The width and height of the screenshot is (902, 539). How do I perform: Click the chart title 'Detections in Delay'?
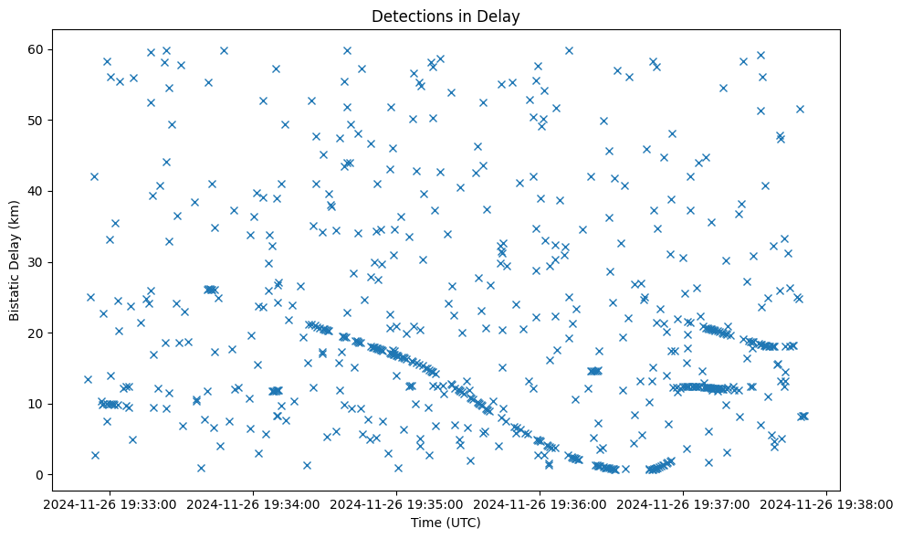[x=446, y=16]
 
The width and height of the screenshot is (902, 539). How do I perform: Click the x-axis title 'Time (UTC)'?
[x=446, y=523]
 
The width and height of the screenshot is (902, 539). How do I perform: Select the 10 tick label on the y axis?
[x=39, y=404]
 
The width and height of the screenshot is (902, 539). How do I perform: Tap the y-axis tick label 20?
[x=39, y=333]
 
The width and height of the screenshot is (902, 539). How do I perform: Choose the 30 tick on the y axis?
[x=39, y=262]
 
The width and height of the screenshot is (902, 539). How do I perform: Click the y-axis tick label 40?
[x=39, y=191]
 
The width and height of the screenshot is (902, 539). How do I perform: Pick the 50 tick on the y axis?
[x=39, y=121]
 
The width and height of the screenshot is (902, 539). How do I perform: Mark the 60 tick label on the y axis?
[x=39, y=49]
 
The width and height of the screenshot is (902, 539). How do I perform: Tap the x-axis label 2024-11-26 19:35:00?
[x=396, y=503]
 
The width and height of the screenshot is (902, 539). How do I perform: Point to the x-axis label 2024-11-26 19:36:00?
[x=540, y=503]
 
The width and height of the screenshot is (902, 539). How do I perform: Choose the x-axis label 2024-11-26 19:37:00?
[x=684, y=503]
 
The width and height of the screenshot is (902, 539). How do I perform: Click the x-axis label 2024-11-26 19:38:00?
[x=826, y=503]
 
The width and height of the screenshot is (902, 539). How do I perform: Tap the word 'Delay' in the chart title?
[x=501, y=16]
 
